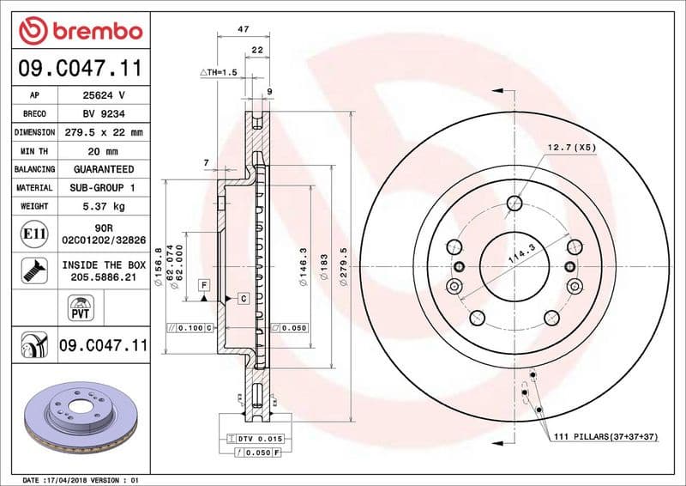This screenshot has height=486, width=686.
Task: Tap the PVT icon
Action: pos(81,308)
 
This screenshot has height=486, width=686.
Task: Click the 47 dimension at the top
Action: pos(243,29)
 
